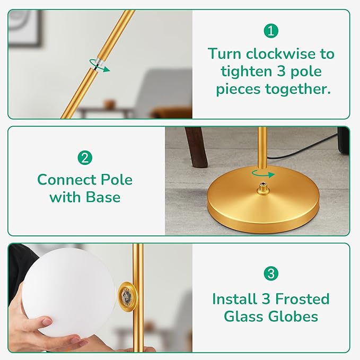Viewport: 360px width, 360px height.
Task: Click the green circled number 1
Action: click(x=271, y=31)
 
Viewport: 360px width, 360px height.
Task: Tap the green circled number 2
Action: click(x=85, y=157)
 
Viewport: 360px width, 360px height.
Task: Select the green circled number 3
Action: click(x=271, y=274)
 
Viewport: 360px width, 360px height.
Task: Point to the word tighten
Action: click(x=247, y=72)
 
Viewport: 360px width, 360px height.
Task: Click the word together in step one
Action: click(x=298, y=89)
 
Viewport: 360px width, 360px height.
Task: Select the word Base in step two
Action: click(x=103, y=197)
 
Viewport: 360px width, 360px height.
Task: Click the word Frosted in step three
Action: click(x=302, y=299)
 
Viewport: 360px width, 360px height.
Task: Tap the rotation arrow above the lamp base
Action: click(x=263, y=175)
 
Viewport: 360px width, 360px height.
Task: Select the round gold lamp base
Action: click(x=263, y=199)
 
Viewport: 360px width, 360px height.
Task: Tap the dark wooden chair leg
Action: click(x=197, y=147)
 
